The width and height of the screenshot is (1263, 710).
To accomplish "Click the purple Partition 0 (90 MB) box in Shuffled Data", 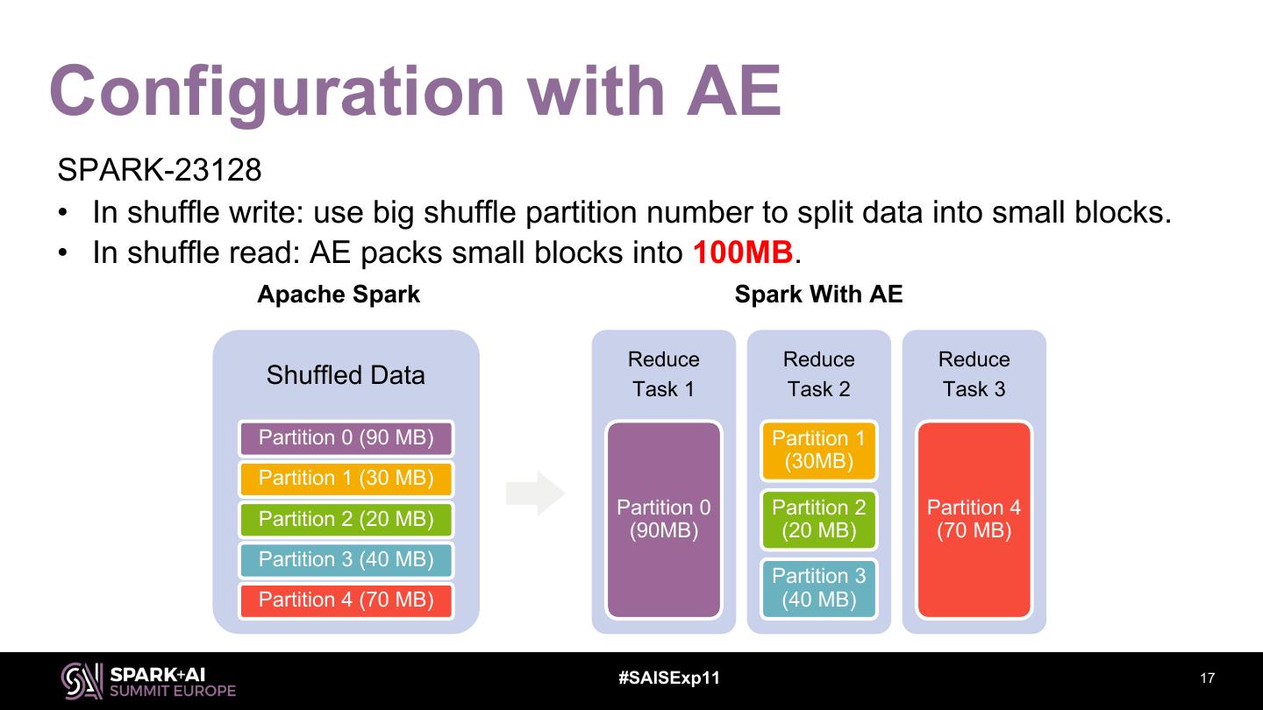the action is pos(346,438).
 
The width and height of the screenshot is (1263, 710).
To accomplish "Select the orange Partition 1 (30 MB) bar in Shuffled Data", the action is pos(346,479).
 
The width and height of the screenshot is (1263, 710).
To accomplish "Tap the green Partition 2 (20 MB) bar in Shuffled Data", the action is pos(346,519).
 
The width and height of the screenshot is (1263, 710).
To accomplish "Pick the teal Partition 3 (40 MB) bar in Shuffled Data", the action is pos(346,559).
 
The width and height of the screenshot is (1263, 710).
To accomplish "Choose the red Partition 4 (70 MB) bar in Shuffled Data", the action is pos(346,600).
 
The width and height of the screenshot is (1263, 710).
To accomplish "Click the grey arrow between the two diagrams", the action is pos(535,493).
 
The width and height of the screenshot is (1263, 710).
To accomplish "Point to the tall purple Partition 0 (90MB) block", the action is pos(663,519).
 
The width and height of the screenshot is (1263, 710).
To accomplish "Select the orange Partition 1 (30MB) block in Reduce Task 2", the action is pos(818,451).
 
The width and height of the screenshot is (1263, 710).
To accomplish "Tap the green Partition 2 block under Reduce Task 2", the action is pos(818,519).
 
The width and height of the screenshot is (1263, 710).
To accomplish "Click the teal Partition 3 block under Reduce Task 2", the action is pos(818,587).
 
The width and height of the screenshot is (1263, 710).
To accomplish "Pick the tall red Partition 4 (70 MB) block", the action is pos(974,519).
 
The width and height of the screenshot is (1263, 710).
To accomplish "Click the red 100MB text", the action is pos(743,253).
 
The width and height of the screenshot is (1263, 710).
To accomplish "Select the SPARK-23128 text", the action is pos(159,170).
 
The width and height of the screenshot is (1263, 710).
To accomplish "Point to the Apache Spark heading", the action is pos(339,295).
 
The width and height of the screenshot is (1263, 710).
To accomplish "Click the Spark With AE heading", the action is pos(818,295).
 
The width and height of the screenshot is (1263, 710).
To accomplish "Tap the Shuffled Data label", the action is pos(346,375).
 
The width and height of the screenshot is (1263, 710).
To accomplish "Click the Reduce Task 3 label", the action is pos(974,374).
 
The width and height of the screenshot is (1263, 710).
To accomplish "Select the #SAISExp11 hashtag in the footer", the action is pos(669,678).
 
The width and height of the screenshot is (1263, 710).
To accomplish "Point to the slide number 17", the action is pos(1207,678).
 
